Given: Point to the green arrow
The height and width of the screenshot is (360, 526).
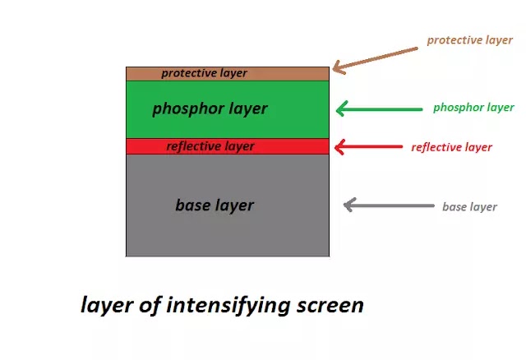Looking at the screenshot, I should [x=377, y=108].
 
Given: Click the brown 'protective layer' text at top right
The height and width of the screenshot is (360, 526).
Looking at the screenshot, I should [x=469, y=39].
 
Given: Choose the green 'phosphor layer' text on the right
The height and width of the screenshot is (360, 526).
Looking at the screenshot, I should [x=473, y=108].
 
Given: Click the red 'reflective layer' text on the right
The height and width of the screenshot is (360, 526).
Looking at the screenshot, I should [x=451, y=147].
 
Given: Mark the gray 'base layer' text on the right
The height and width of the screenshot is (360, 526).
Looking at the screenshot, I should [x=469, y=206].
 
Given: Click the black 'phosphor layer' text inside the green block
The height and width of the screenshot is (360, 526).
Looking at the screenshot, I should [x=210, y=108].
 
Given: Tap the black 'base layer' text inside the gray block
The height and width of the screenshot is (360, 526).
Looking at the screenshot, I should [x=215, y=205].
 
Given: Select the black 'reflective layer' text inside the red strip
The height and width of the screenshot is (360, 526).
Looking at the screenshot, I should [x=210, y=146].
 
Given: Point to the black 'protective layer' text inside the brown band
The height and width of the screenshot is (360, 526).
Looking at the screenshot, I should [x=204, y=73].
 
